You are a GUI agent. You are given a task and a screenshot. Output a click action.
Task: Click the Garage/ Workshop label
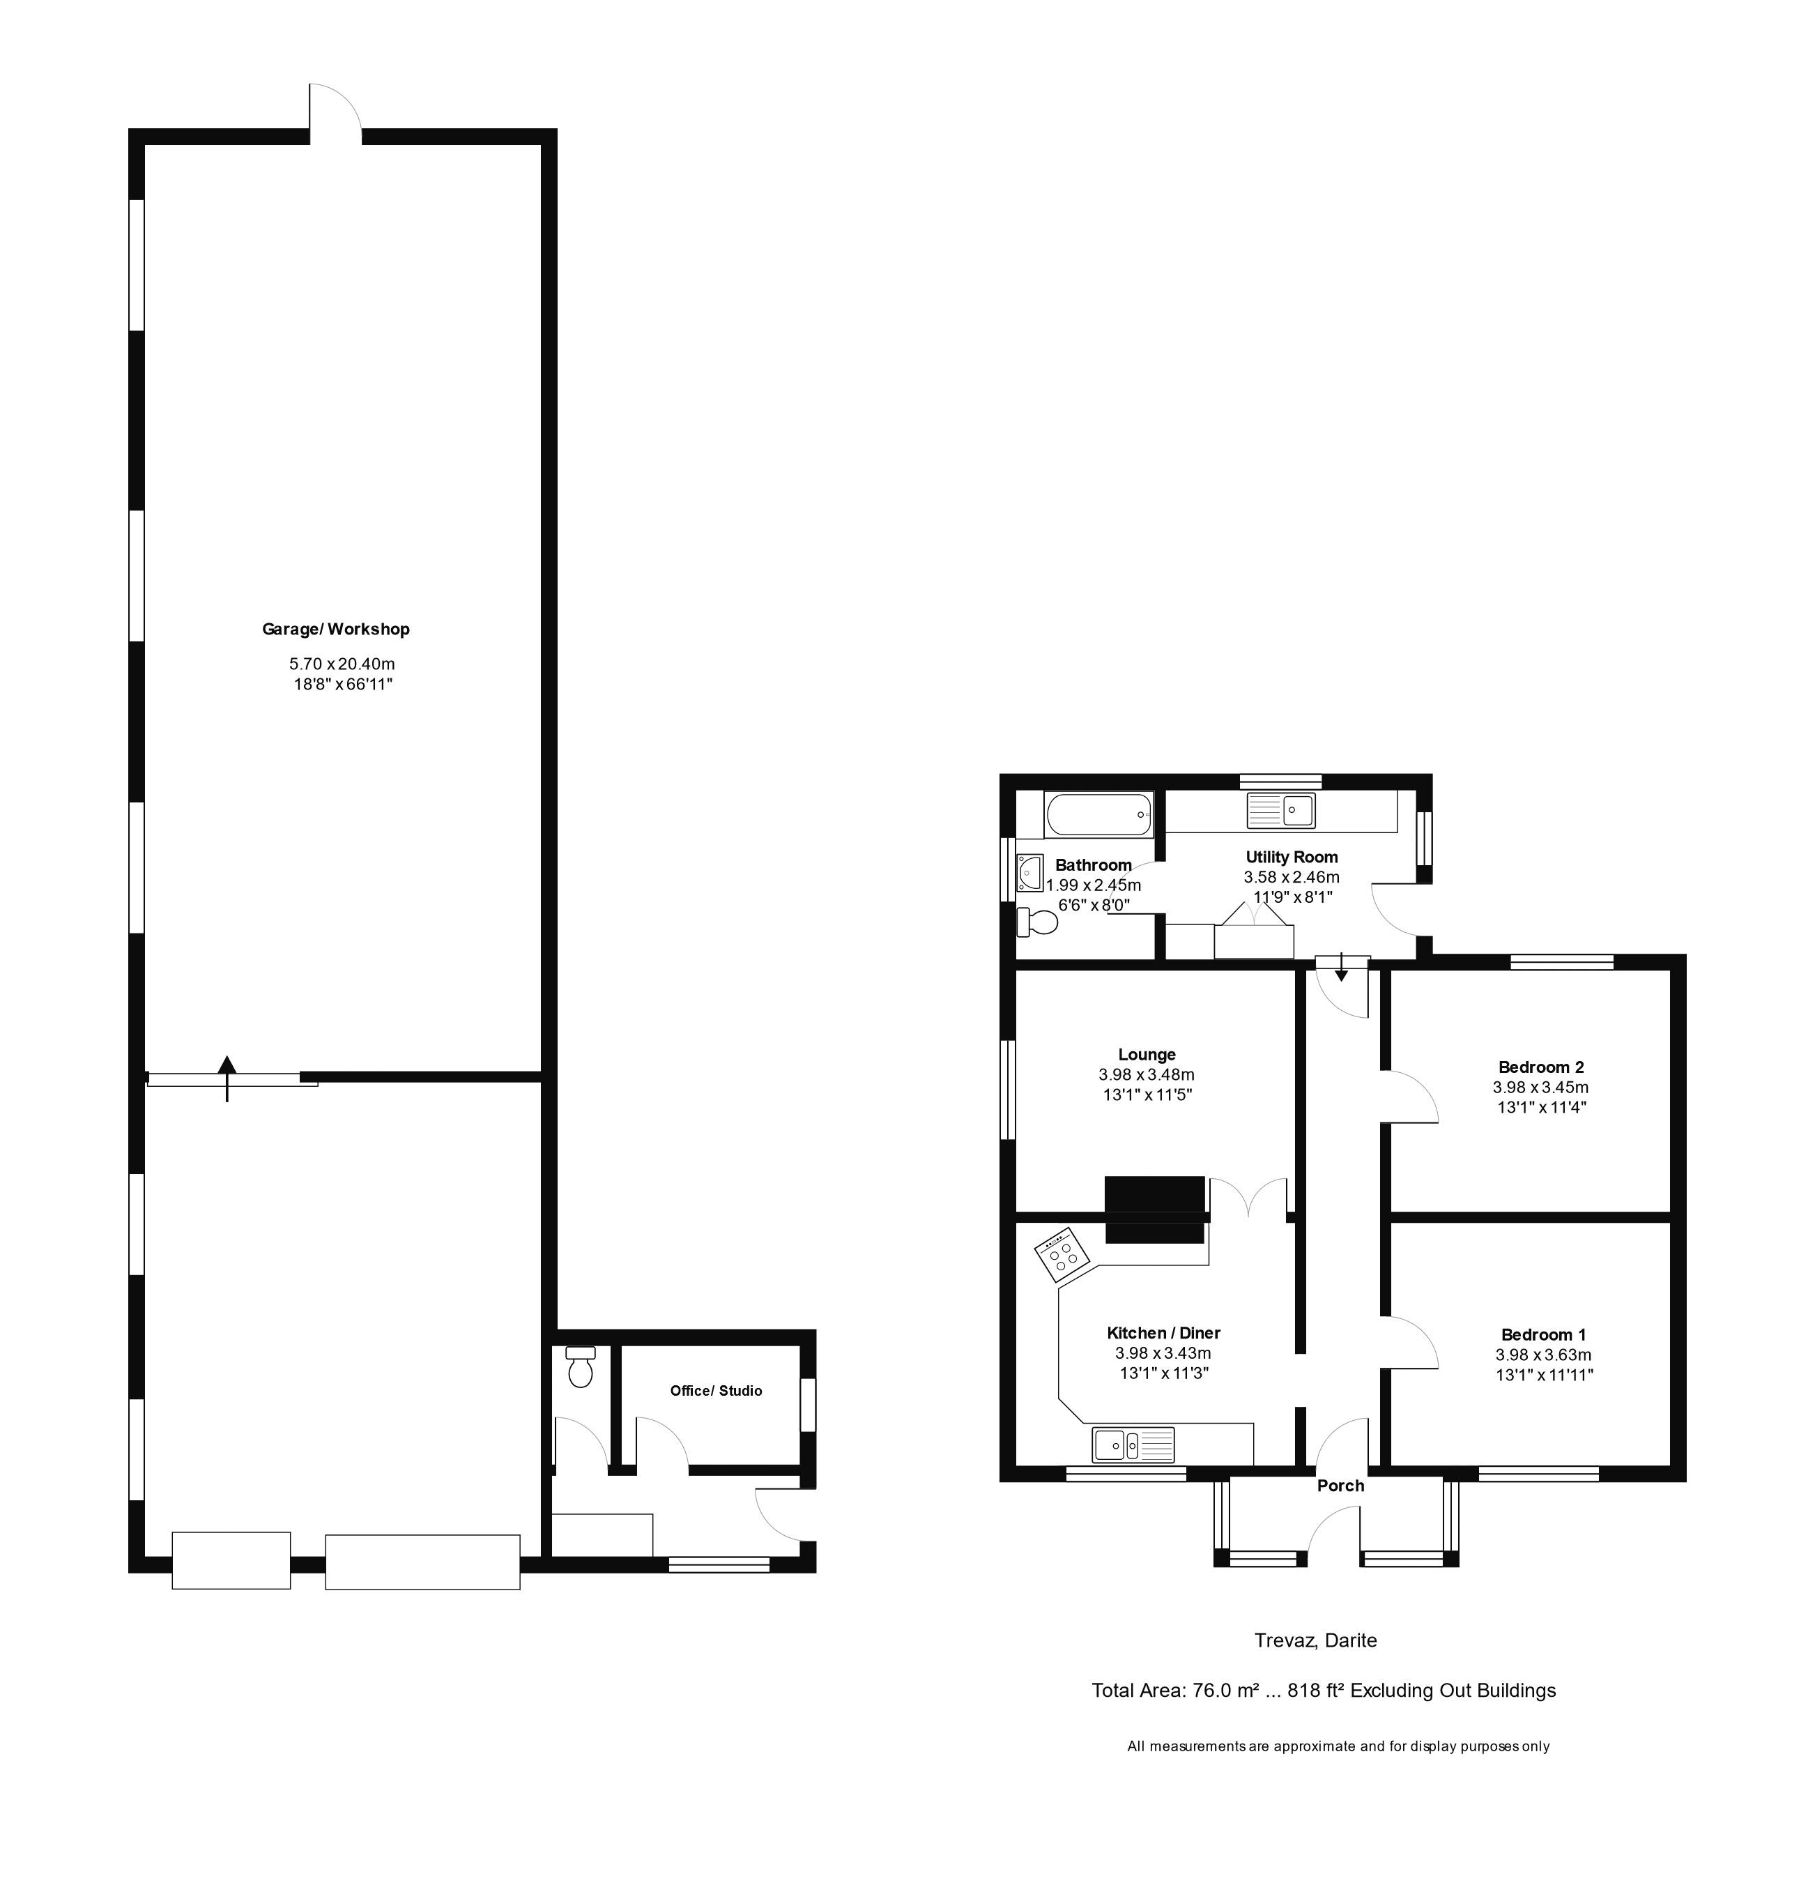(335, 629)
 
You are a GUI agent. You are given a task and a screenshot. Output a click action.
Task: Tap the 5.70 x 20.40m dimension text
(342, 664)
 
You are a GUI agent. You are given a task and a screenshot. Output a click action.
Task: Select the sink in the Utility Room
(1280, 810)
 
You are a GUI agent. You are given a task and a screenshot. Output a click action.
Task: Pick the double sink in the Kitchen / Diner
(1133, 1445)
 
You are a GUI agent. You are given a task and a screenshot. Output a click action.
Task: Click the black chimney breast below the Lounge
(1154, 1209)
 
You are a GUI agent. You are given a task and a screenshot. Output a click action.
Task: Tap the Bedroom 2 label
(1540, 1067)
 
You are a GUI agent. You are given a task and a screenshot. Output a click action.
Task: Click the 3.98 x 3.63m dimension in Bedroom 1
(1542, 1355)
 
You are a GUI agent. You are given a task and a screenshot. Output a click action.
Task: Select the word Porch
(1340, 1486)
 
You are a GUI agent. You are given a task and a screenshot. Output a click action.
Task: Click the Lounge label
(1146, 1054)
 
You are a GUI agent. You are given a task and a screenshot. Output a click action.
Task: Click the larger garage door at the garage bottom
(422, 1561)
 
